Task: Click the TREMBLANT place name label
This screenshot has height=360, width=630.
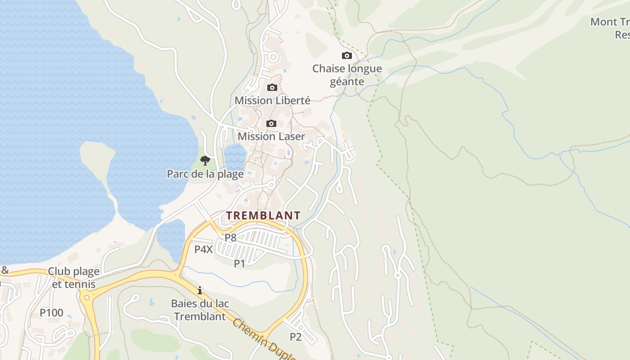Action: [263, 216]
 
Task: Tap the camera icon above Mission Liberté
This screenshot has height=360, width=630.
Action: [272, 87]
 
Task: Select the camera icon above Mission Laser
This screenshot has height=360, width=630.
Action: [271, 123]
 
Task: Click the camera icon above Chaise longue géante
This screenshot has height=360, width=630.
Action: [347, 56]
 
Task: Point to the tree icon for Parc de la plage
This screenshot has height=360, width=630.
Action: [205, 160]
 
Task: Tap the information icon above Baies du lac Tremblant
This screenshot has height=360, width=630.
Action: [200, 290]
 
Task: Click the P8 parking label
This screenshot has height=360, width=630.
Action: [230, 238]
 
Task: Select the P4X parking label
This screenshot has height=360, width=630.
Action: [203, 249]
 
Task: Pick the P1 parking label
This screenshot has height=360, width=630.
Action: [239, 264]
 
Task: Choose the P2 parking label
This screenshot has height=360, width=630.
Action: [295, 337]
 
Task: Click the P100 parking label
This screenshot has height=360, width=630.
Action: [51, 313]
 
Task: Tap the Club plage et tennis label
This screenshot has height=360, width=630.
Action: [74, 278]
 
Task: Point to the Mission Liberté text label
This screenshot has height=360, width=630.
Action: [272, 100]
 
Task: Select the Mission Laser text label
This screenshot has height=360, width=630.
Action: [271, 136]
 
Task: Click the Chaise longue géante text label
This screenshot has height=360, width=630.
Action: [347, 75]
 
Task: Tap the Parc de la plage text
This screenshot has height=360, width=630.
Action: [205, 174]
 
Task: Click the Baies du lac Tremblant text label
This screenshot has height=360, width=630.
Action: [200, 310]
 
